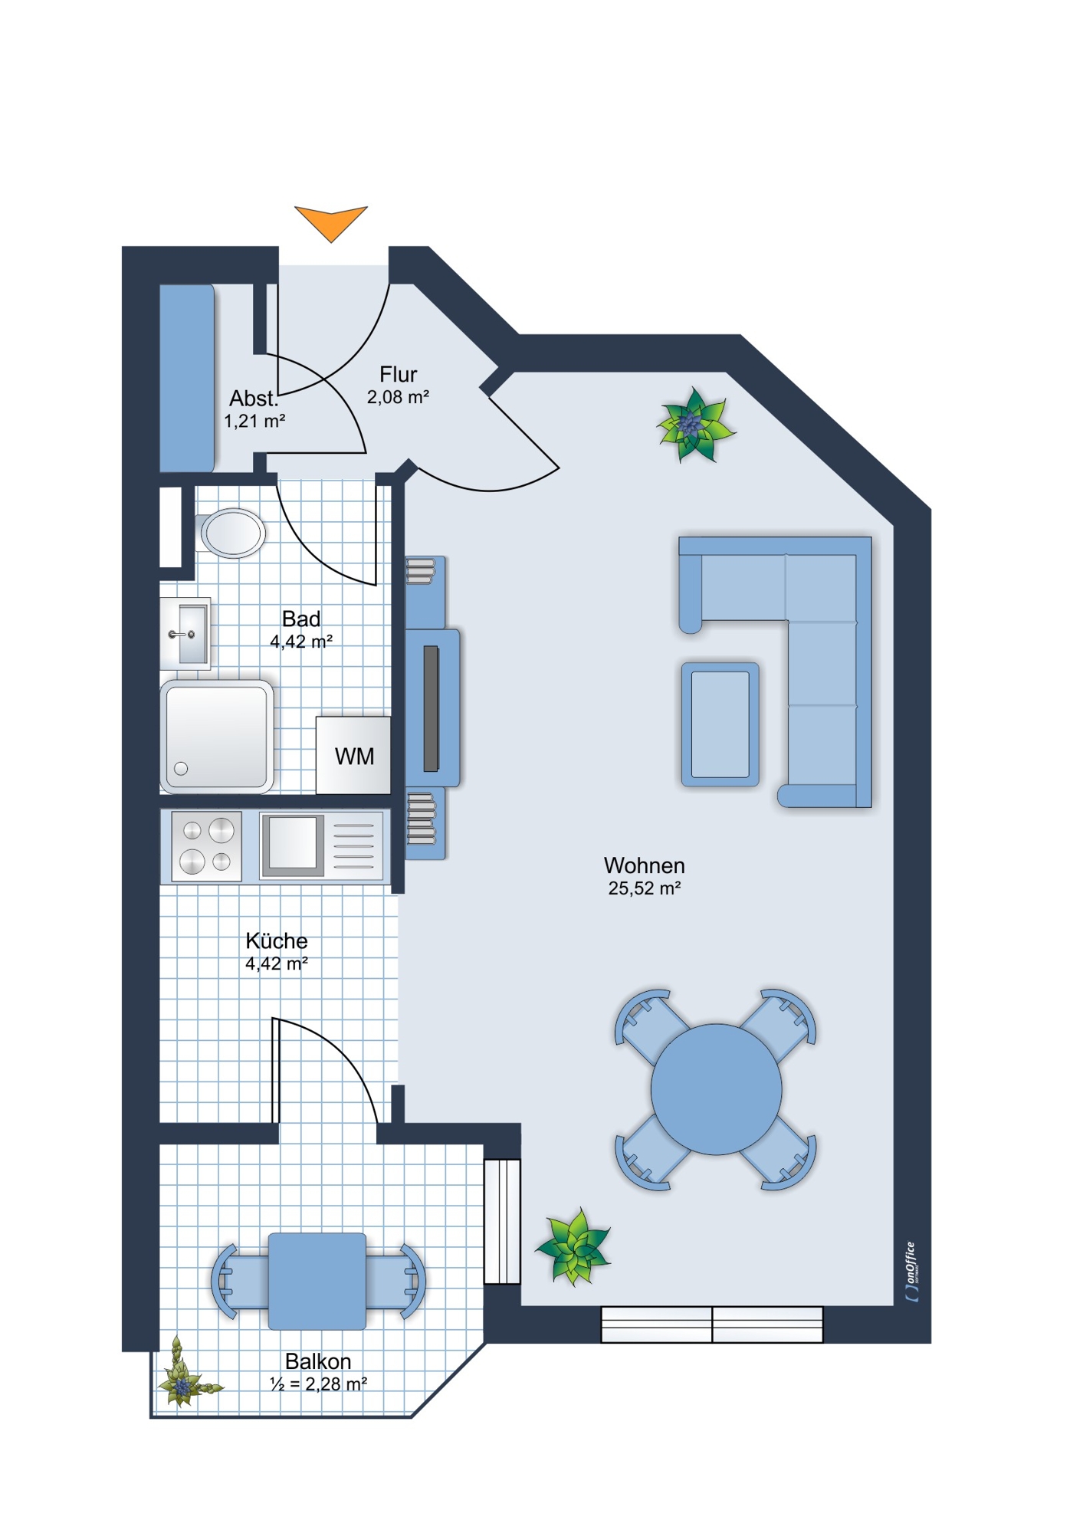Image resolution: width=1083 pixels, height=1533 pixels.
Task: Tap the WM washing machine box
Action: click(353, 755)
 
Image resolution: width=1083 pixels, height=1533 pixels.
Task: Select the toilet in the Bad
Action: click(232, 533)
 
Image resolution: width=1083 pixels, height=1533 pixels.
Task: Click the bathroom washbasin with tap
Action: click(185, 634)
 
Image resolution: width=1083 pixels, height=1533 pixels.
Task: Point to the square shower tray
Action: click(217, 737)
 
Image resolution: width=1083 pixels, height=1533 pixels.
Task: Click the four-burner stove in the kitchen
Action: click(206, 846)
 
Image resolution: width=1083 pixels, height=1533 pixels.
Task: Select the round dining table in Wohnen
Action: click(716, 1089)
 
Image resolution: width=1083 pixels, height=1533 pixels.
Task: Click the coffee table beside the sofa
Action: click(720, 724)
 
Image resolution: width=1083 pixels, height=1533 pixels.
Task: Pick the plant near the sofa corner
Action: click(695, 425)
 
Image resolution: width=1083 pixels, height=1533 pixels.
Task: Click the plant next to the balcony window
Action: click(574, 1247)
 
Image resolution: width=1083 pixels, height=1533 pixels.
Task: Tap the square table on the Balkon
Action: click(317, 1281)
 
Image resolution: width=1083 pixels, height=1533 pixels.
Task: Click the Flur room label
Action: click(398, 374)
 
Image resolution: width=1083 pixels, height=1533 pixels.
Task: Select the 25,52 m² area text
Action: click(645, 888)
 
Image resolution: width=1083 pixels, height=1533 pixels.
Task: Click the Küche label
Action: click(277, 940)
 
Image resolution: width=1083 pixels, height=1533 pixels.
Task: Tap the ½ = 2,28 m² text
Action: click(318, 1384)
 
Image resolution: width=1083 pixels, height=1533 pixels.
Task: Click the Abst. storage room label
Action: click(254, 399)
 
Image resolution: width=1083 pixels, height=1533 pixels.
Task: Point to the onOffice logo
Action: click(911, 1272)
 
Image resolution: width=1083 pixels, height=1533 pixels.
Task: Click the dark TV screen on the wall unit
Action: click(431, 708)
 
